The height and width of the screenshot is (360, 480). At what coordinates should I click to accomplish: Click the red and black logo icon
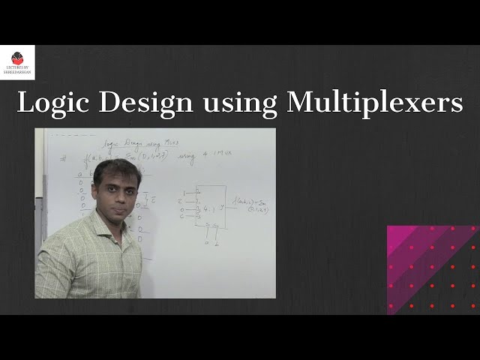click(x=18, y=58)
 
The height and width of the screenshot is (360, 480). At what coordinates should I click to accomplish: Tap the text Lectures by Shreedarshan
click(x=18, y=70)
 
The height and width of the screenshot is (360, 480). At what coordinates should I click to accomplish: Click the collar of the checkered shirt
click(x=105, y=222)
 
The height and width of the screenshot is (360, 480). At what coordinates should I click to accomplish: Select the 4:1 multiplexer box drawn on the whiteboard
click(x=211, y=207)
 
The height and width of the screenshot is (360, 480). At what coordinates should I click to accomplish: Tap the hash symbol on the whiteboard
click(x=64, y=158)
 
